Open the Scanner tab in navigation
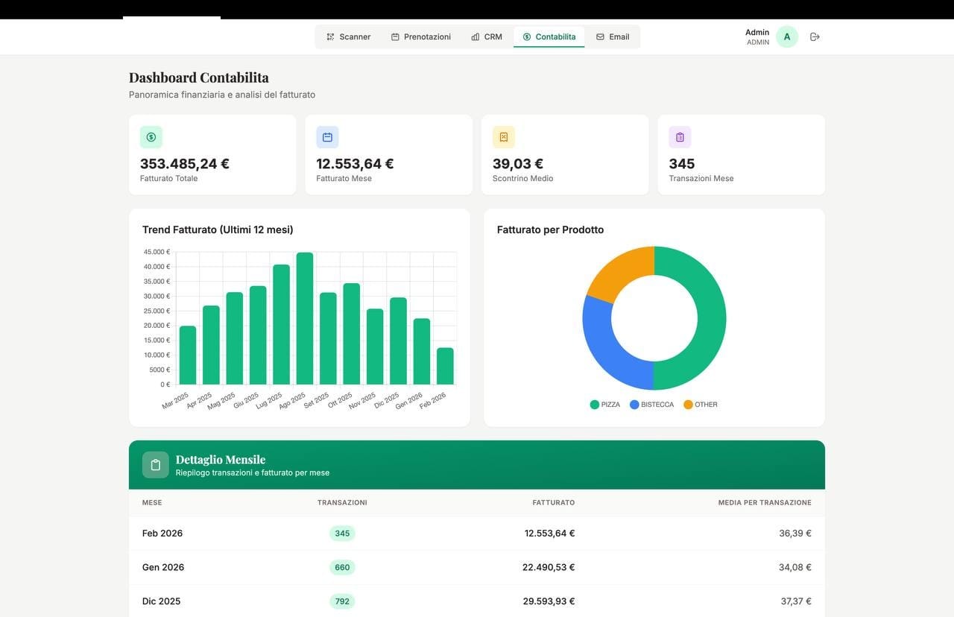tap(348, 37)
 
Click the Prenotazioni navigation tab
tap(421, 37)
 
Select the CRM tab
tap(487, 37)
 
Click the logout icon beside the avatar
tap(815, 37)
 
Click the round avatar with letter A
tap(787, 37)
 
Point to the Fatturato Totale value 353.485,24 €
tap(185, 164)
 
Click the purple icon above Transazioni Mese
tap(680, 137)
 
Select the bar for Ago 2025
tap(305, 319)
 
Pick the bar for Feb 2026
tap(445, 366)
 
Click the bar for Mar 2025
tap(188, 355)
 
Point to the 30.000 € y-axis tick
tap(157, 296)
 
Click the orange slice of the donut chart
tap(616, 274)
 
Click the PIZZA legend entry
tap(605, 405)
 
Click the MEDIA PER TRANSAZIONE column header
tap(764, 503)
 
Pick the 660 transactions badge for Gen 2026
tap(342, 567)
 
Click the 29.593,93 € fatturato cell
tap(549, 601)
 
